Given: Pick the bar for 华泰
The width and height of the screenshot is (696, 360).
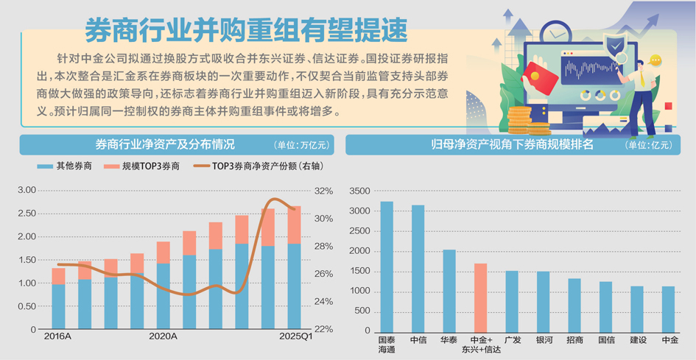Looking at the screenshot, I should (449, 291).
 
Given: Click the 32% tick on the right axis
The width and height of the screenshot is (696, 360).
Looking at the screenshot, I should (323, 191).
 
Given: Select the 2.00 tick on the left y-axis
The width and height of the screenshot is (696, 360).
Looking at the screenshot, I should (27, 236).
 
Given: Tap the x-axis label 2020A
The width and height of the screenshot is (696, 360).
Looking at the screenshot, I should (163, 336).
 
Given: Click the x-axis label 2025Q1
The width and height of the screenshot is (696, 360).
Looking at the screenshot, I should (295, 336).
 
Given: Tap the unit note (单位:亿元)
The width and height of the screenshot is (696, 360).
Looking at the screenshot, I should (648, 145).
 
